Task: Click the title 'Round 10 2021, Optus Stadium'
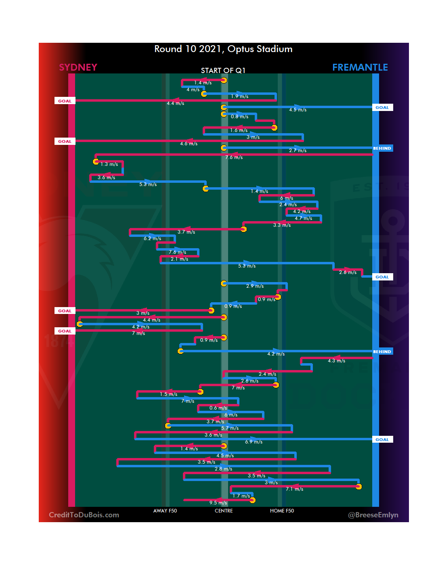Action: click(223, 49)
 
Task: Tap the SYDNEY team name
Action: click(78, 67)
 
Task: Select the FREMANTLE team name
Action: click(360, 67)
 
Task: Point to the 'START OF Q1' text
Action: click(223, 71)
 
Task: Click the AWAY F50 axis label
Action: click(165, 511)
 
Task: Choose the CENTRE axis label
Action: click(224, 511)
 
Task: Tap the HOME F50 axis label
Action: click(282, 511)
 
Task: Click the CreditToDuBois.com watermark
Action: click(84, 515)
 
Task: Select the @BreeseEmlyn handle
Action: click(373, 515)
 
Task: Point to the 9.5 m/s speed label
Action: click(218, 503)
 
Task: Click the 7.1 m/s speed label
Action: click(294, 489)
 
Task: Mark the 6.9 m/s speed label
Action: click(254, 442)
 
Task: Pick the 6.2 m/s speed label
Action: click(152, 238)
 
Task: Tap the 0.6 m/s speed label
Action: click(218, 408)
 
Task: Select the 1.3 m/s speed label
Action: click(109, 164)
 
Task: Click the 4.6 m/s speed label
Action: click(189, 144)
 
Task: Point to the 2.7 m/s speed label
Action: click(298, 151)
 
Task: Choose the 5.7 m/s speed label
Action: click(230, 428)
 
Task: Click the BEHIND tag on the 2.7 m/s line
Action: click(382, 149)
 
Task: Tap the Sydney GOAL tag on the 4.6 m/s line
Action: click(65, 142)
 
